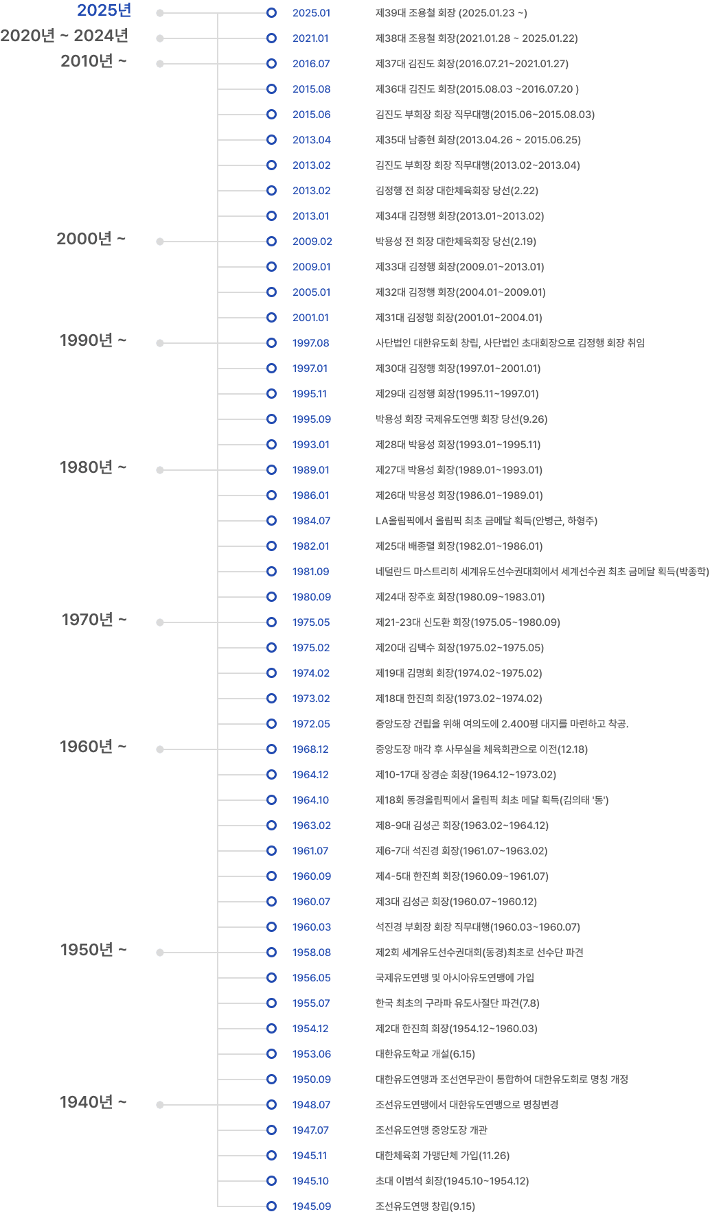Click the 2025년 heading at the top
[104, 11]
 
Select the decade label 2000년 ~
[91, 239]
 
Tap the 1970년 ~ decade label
[94, 620]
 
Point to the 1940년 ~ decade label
[93, 1102]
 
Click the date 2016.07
[311, 64]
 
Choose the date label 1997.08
[311, 343]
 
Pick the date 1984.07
[311, 521]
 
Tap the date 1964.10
[310, 800]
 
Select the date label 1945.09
[311, 1206]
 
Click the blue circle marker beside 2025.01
[271, 13]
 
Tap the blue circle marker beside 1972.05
[271, 724]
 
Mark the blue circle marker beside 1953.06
[271, 1054]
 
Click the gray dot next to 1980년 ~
[160, 470]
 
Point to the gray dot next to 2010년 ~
[160, 64]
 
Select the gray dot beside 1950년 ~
[160, 953]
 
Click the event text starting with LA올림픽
[486, 521]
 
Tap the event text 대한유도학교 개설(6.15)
[425, 1054]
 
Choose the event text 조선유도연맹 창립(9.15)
[425, 1206]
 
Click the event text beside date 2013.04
[478, 140]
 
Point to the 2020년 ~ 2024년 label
[65, 36]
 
